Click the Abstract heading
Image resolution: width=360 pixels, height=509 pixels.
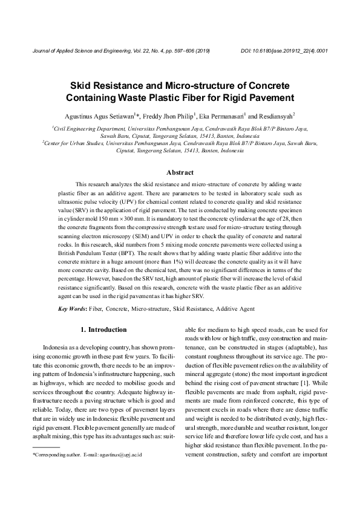180,173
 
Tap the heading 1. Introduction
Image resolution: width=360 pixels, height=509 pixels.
103,329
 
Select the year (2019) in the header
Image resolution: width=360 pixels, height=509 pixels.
201,51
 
